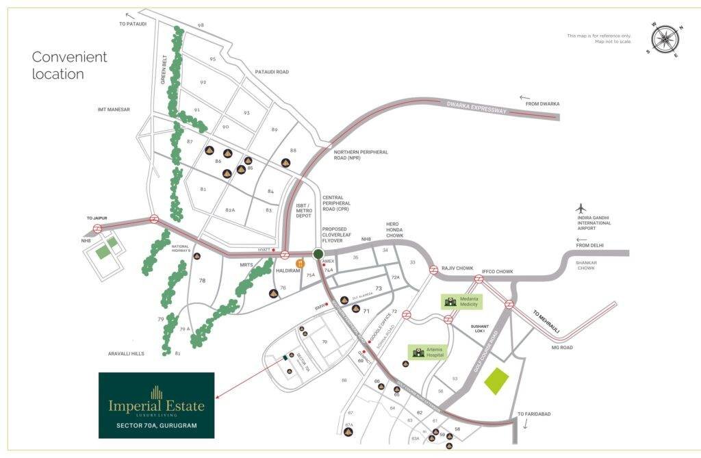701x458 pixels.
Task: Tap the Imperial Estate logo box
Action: pos(157,405)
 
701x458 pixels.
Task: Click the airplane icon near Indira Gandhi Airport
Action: pos(582,208)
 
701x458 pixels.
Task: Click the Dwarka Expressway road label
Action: pos(479,112)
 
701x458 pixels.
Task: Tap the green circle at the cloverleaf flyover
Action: pos(318,254)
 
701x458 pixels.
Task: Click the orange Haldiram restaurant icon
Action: pos(299,263)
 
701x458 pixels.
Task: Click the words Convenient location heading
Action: pos(69,65)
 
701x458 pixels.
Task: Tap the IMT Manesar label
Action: pos(114,110)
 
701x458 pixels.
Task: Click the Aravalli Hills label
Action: pos(129,353)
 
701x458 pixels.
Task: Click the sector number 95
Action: pos(213,60)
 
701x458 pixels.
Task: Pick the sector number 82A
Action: pos(230,210)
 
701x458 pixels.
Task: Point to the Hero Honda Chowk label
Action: pos(394,229)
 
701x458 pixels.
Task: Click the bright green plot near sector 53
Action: pos(498,381)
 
